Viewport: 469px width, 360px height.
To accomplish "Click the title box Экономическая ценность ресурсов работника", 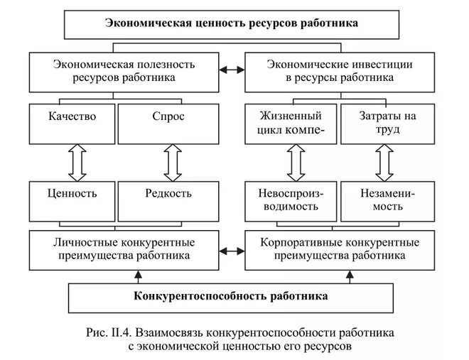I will [232, 23].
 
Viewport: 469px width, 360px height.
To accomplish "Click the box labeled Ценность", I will [72, 200].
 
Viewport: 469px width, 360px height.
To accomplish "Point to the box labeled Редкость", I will [168, 200].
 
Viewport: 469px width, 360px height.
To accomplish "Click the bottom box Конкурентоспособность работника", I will [232, 294].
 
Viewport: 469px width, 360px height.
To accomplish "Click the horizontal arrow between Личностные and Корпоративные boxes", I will [232, 250].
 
